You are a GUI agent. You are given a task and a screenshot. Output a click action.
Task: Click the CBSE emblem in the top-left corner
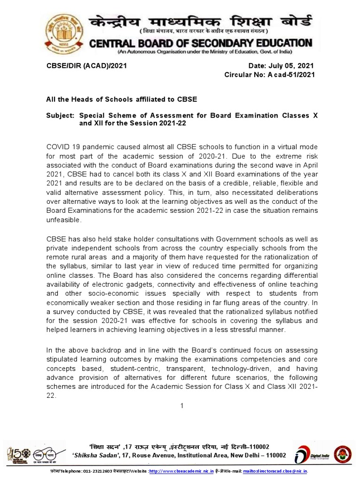(66, 35)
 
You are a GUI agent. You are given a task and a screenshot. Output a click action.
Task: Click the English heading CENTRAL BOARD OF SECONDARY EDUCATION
(201, 43)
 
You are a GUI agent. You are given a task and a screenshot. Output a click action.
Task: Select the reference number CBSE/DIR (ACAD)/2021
(86, 66)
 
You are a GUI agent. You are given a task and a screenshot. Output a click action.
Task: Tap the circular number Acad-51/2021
(287, 74)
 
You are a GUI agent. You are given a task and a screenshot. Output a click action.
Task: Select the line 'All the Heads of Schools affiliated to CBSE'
(121, 99)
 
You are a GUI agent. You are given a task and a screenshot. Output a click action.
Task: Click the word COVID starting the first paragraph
(58, 148)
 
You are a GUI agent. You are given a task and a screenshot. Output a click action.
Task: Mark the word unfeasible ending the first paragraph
(63, 219)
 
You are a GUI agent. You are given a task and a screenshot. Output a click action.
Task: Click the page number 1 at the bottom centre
(181, 406)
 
